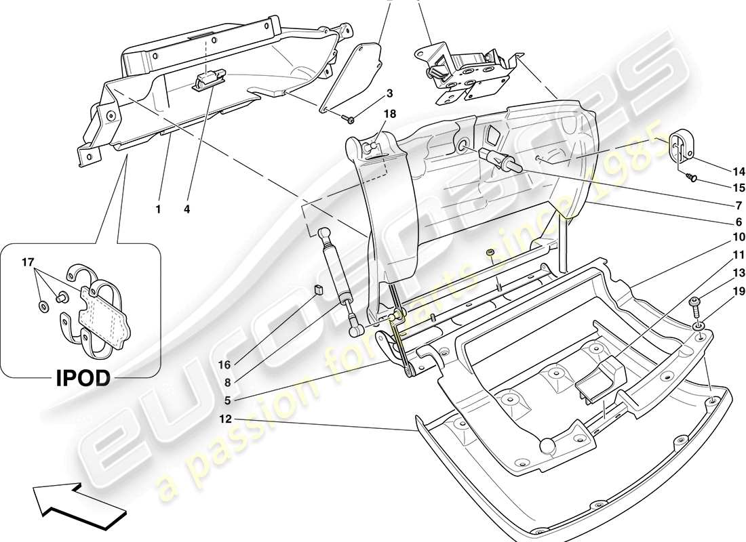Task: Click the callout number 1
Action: pos(158,209)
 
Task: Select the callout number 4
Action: pos(186,209)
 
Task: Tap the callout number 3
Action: pos(390,93)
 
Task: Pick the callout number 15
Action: pos(720,188)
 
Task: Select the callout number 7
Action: pos(720,205)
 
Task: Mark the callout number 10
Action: pos(720,237)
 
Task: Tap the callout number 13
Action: pos(720,273)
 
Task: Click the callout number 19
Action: pos(720,291)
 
